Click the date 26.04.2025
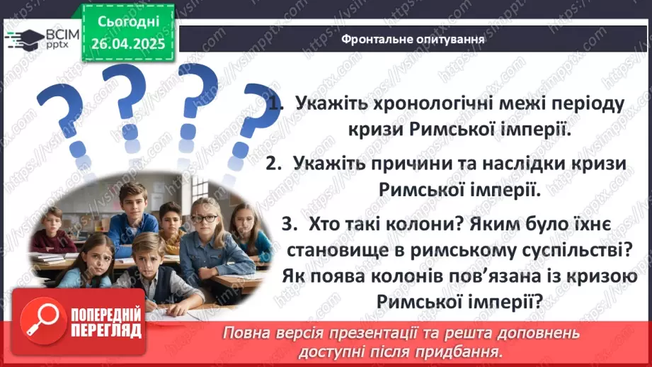click(127, 43)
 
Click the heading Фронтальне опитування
click(413, 40)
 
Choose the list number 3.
click(287, 224)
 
